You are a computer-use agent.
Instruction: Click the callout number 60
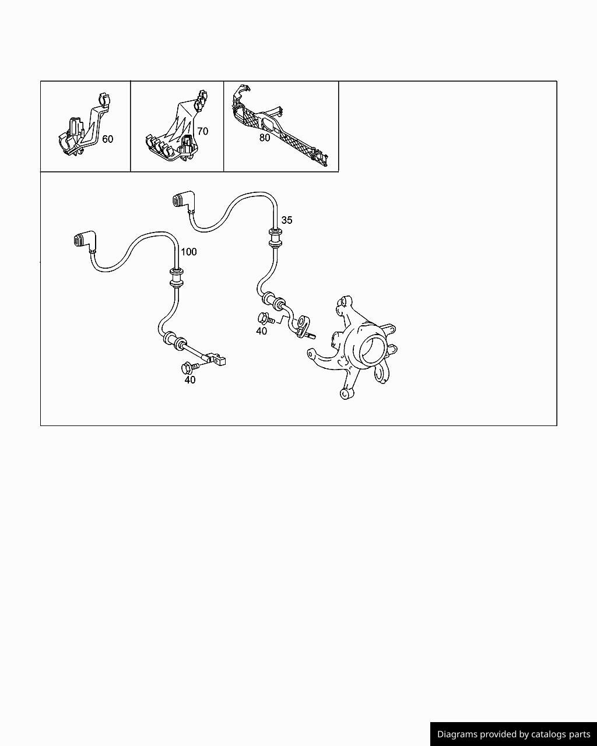click(108, 139)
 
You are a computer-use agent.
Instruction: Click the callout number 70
click(202, 132)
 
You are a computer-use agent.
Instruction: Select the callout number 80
click(265, 138)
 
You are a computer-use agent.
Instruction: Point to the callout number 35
click(287, 220)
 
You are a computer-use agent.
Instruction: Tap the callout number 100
click(189, 252)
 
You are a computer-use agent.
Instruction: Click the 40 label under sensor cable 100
click(190, 380)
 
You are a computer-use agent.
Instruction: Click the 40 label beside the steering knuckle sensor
click(261, 331)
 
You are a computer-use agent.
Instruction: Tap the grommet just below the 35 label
click(275, 238)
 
